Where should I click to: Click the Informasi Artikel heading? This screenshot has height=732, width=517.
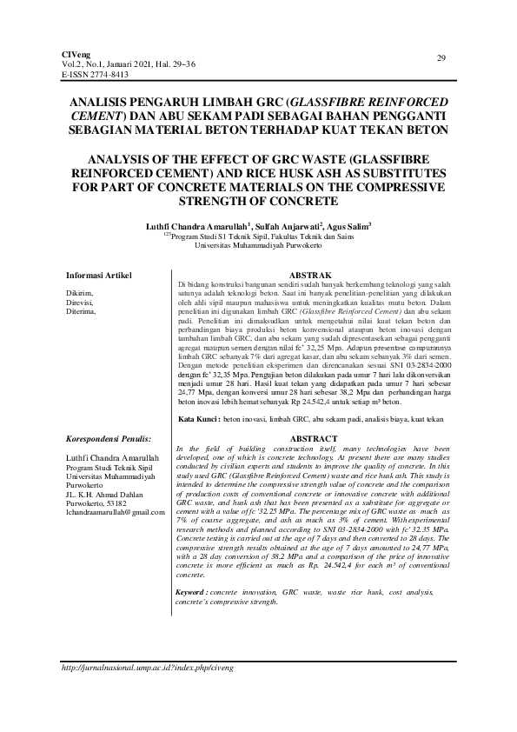coord(99,276)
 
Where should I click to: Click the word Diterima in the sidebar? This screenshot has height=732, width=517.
coord(81,309)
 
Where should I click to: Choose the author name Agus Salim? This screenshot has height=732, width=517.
coord(347,226)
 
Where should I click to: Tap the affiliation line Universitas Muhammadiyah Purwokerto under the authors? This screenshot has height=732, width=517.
coord(259,246)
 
